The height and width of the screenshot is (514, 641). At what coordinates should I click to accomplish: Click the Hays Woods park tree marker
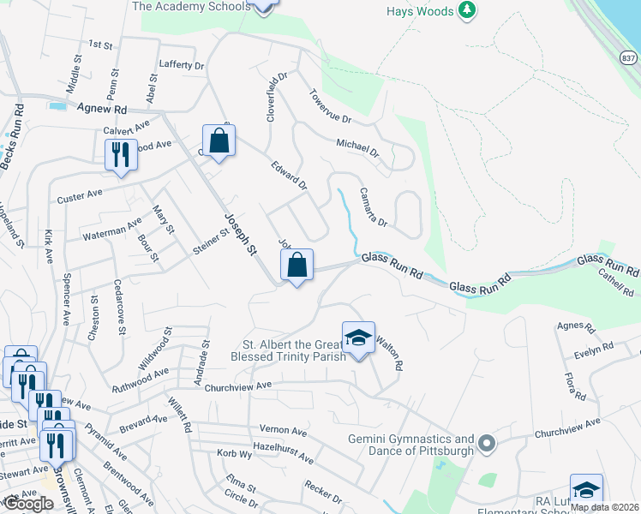tap(466, 10)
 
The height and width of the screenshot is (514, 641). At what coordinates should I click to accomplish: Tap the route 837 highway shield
tap(628, 57)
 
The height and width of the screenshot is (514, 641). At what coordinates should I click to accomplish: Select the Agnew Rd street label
tap(101, 110)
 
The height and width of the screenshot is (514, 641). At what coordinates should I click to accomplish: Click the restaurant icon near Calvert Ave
tap(120, 155)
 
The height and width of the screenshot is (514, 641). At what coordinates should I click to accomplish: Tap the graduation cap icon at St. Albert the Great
tap(359, 338)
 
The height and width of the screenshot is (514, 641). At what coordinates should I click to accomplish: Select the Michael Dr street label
tap(357, 149)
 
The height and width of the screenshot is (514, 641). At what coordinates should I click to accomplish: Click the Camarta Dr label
tap(374, 207)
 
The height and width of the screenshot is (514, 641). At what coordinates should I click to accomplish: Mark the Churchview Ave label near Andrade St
tap(237, 385)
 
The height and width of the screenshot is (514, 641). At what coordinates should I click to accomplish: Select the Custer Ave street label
tap(80, 196)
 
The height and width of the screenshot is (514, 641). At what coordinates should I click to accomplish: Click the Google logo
tap(28, 504)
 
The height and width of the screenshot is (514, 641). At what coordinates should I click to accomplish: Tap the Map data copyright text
tap(604, 506)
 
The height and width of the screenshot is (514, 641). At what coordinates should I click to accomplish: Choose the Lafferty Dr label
tap(182, 64)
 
